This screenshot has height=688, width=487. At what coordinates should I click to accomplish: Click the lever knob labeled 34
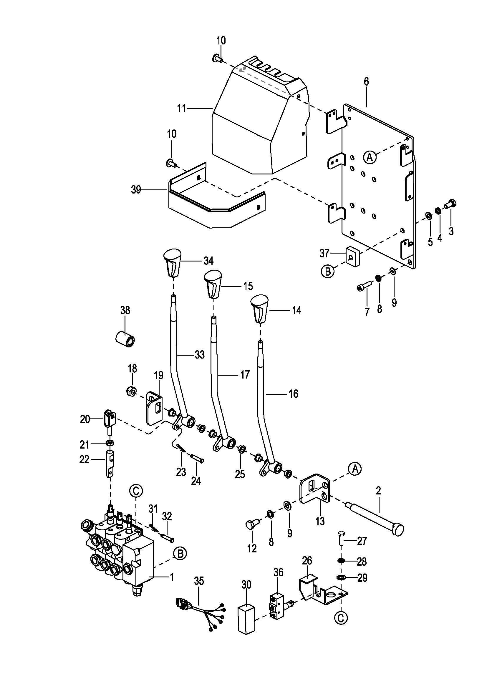[x=173, y=263]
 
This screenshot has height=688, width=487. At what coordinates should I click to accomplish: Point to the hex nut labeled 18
[x=131, y=391]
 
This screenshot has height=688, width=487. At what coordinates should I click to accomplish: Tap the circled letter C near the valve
[x=136, y=491]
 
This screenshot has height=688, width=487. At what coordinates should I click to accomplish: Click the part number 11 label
[x=182, y=108]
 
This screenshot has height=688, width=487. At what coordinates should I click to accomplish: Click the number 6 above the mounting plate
[x=367, y=81]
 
